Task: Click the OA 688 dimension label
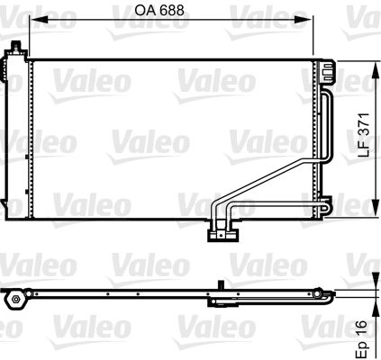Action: [x=159, y=10]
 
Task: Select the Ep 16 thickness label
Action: [x=361, y=339]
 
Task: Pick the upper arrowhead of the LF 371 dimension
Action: [x=376, y=70]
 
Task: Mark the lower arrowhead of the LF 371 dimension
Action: [x=376, y=206]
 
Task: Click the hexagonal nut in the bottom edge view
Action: [x=15, y=300]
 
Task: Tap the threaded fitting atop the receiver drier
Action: [x=16, y=48]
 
